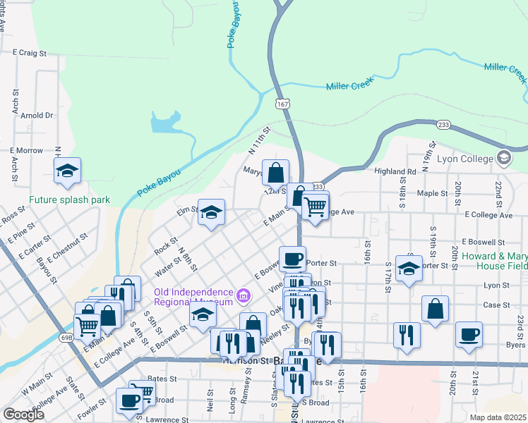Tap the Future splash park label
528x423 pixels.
(x=70, y=200)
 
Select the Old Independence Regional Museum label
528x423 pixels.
(x=194, y=297)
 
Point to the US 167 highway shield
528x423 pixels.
(x=282, y=104)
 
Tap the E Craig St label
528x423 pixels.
(x=30, y=52)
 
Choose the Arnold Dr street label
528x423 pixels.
(x=37, y=115)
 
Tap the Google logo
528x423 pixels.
(x=23, y=415)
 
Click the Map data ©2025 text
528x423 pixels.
(x=498, y=417)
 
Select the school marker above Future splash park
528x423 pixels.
(x=68, y=171)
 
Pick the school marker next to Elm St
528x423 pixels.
(x=210, y=213)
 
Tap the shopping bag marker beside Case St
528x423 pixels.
(x=436, y=308)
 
